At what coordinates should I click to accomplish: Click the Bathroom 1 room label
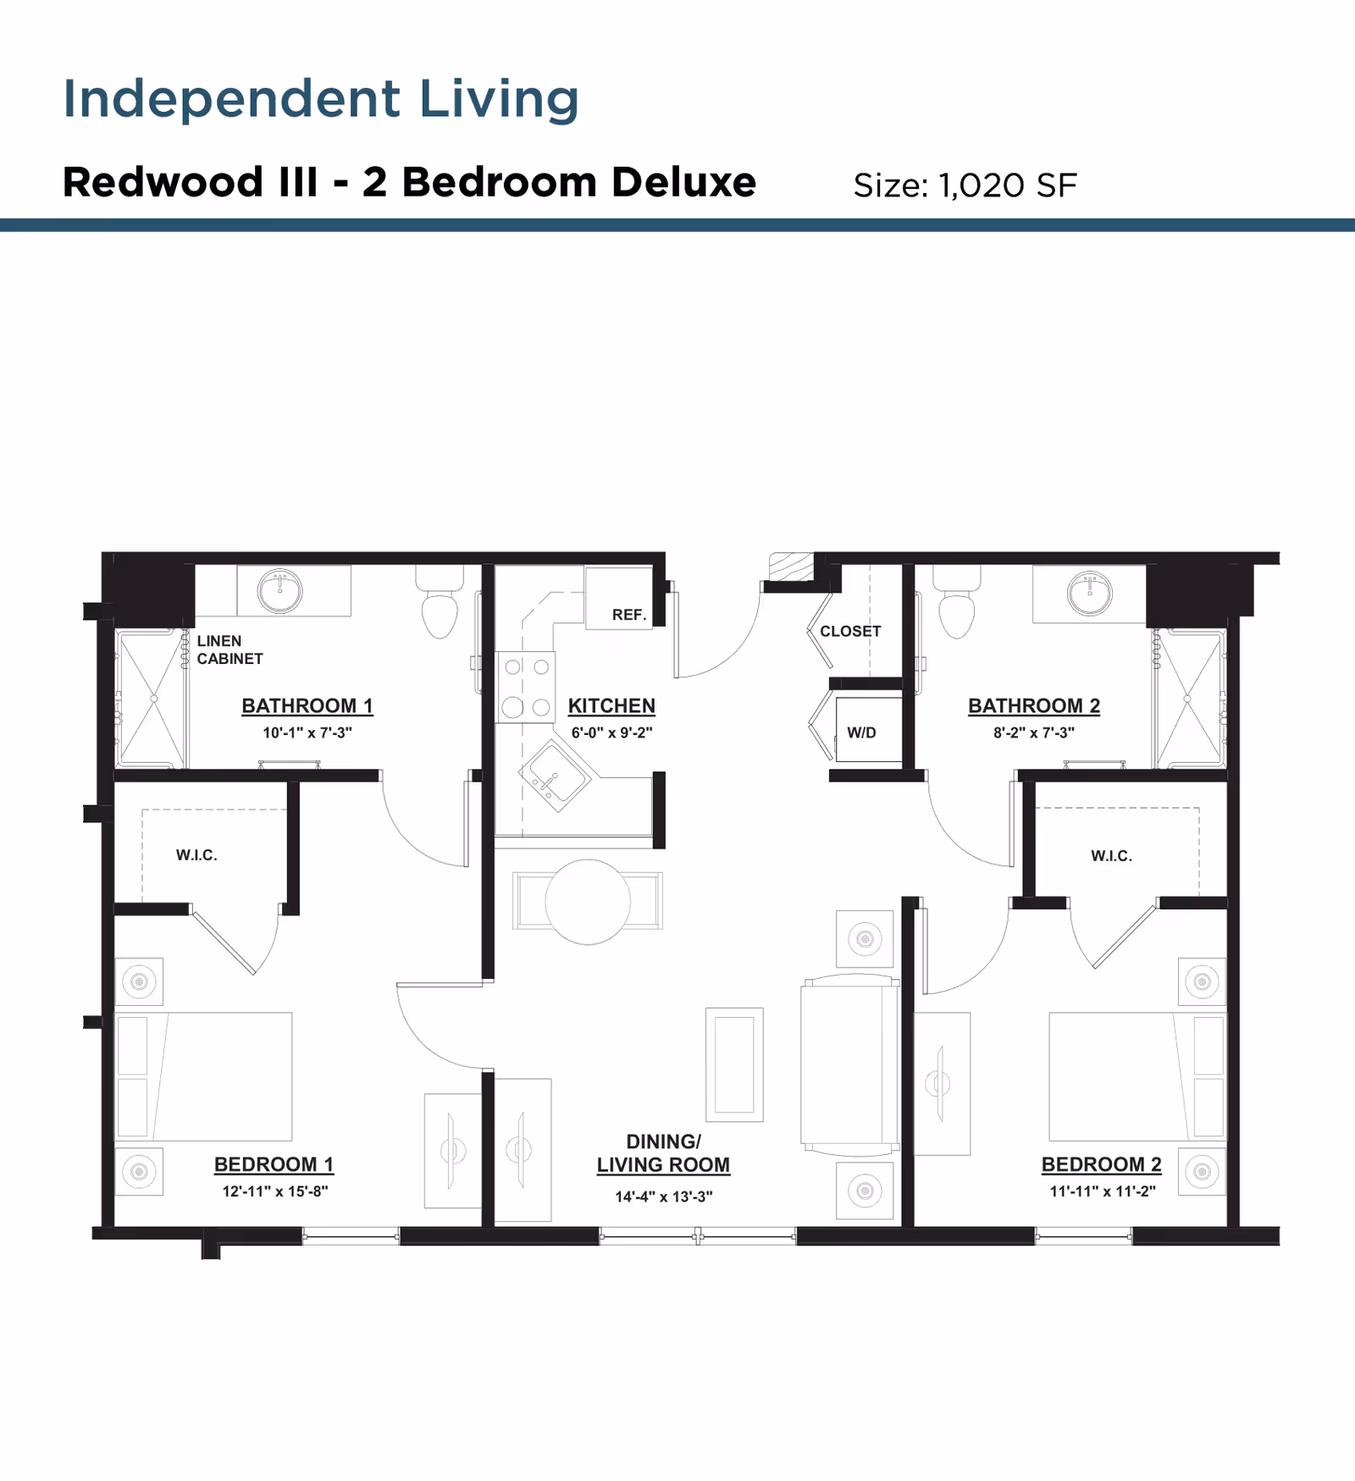[307, 705]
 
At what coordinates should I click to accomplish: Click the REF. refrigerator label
[628, 615]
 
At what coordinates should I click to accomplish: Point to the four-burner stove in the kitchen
[526, 687]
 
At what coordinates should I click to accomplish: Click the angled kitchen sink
[554, 776]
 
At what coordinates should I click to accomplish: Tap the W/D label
[861, 732]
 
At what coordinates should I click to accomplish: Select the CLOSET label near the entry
[850, 632]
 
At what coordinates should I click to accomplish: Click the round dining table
[587, 902]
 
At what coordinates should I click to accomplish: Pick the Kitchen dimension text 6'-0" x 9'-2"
[611, 732]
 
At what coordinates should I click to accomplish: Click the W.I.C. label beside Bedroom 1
[196, 855]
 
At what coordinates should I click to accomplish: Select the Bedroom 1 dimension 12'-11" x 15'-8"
[274, 1191]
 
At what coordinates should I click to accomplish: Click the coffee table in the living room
[734, 1064]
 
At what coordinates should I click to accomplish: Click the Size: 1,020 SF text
[965, 185]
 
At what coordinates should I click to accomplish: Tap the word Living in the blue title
[499, 99]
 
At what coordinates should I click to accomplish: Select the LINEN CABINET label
[230, 649]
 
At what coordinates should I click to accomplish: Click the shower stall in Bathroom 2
[1189, 699]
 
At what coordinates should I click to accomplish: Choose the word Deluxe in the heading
[683, 182]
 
